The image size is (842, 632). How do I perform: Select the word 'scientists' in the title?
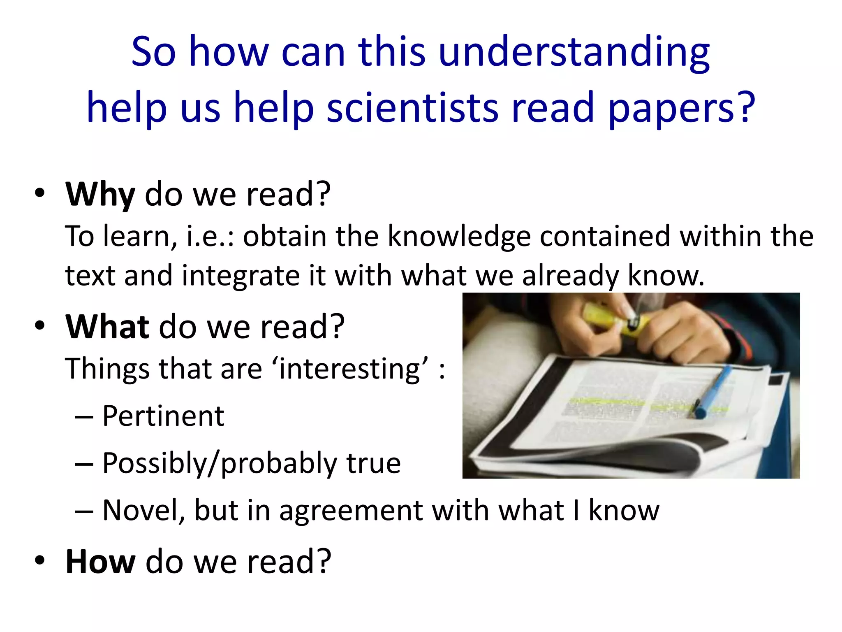click(x=412, y=108)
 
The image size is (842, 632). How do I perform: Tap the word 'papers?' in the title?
click(x=682, y=108)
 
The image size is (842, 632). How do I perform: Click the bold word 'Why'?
click(x=100, y=195)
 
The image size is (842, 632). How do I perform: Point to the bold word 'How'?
click(x=100, y=562)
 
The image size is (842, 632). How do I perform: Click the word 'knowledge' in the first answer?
click(x=459, y=237)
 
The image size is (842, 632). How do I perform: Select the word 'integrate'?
click(x=241, y=276)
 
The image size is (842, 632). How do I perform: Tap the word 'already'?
click(x=570, y=276)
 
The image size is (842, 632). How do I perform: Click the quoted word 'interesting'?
click(x=352, y=369)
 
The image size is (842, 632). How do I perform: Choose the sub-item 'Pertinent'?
click(x=163, y=416)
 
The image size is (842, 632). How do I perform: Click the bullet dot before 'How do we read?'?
click(x=39, y=561)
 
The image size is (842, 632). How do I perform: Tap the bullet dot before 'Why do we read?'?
click(x=39, y=194)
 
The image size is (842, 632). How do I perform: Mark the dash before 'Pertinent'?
click(x=84, y=417)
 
